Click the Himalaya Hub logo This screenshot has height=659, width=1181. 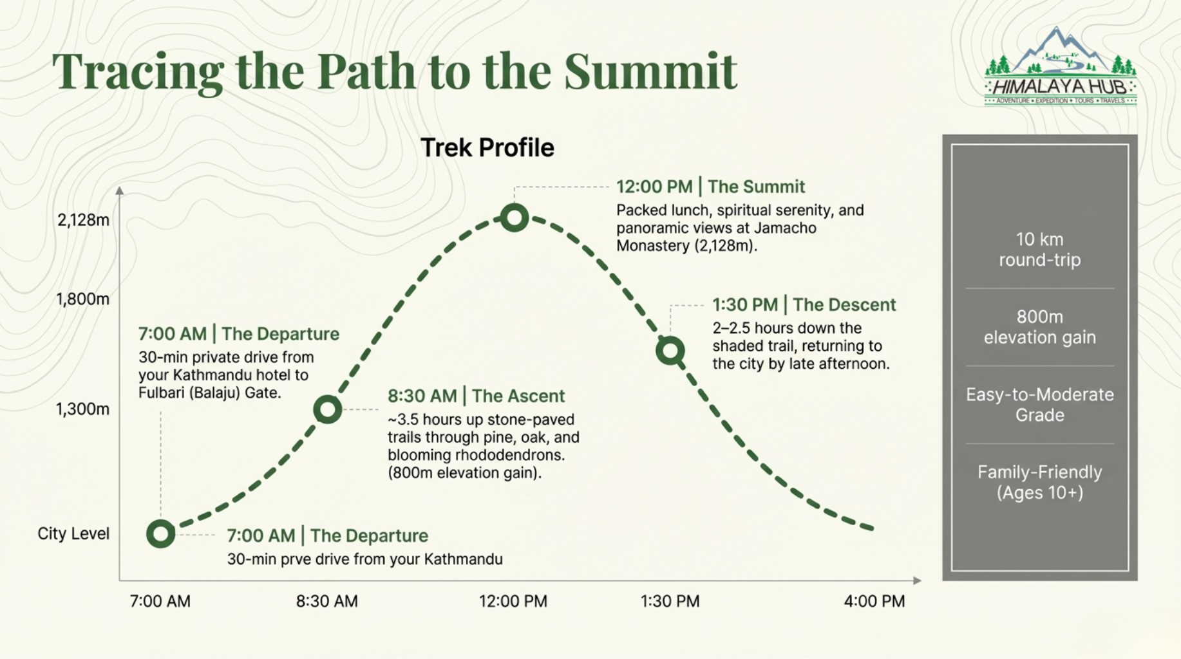tap(1061, 66)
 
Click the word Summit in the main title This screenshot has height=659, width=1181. tap(650, 70)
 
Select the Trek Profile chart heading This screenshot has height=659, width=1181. tap(487, 147)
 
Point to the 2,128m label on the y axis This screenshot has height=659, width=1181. tap(83, 220)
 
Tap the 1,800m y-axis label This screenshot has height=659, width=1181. tap(82, 299)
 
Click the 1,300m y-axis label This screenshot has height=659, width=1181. tap(82, 409)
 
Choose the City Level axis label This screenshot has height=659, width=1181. tap(73, 534)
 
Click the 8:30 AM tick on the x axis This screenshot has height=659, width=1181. tap(326, 601)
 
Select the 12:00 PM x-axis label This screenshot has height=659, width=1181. tap(513, 601)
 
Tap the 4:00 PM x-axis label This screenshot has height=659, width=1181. tap(874, 601)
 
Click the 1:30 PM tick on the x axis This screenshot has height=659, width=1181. tap(670, 601)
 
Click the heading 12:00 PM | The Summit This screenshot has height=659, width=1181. tap(710, 187)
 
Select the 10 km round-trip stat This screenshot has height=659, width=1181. tap(1040, 250)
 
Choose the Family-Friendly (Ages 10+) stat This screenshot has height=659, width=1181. tap(1040, 482)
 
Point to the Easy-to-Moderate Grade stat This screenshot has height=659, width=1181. tap(1040, 405)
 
